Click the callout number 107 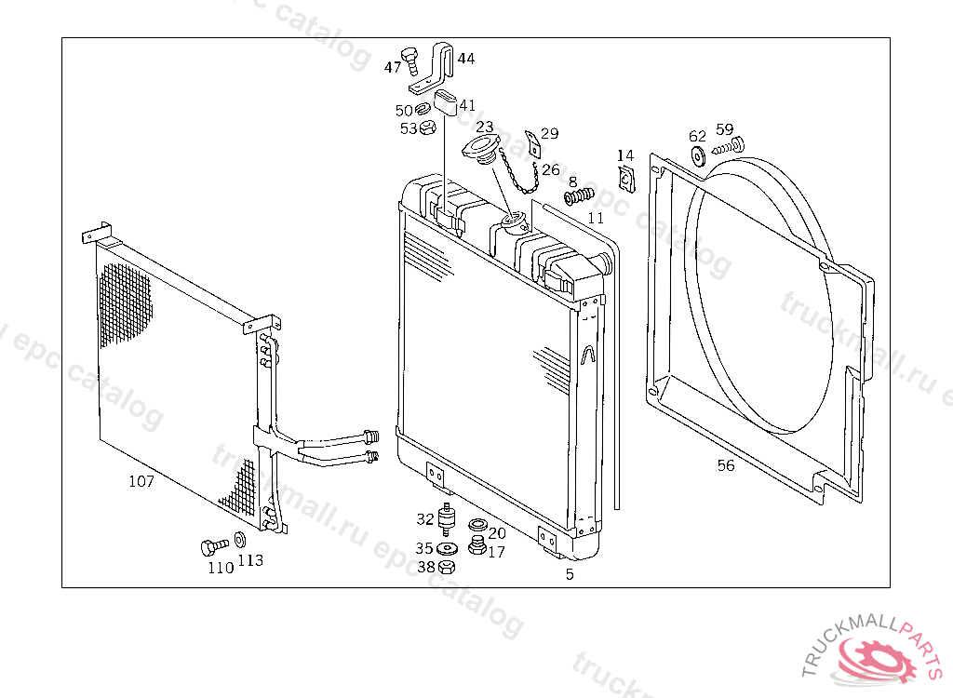click(x=141, y=481)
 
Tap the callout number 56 click(x=726, y=465)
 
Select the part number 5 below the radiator click(x=570, y=574)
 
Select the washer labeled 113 click(x=239, y=539)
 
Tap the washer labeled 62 click(x=699, y=156)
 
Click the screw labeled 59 click(x=731, y=145)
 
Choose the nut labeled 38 click(x=447, y=567)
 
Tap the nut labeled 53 click(x=428, y=128)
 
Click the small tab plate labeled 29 click(x=531, y=141)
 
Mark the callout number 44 click(x=465, y=58)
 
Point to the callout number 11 click(x=596, y=218)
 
